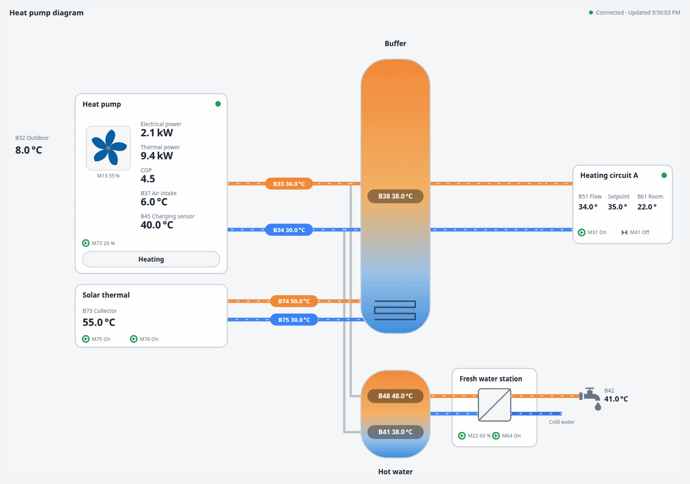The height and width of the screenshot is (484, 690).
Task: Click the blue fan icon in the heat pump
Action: tap(108, 147)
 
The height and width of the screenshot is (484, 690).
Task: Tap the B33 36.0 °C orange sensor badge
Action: tap(289, 184)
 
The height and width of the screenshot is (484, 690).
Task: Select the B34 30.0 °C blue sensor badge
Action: tap(289, 230)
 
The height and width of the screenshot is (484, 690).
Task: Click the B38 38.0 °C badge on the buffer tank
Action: tap(395, 196)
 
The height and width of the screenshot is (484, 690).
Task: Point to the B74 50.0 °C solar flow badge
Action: tap(294, 301)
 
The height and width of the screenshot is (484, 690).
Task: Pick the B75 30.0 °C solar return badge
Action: tap(294, 319)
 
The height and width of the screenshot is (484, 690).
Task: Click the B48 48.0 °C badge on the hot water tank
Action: tap(395, 396)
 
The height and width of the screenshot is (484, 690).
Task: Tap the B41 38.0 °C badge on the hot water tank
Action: tap(395, 432)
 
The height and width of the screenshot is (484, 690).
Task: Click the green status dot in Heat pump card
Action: tap(218, 104)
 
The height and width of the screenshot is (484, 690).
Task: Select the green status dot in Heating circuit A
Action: tap(664, 175)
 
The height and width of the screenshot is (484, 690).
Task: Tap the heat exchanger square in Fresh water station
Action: tap(494, 405)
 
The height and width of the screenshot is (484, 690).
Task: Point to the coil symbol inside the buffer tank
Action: tap(395, 311)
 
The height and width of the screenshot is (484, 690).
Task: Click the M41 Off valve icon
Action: tap(624, 232)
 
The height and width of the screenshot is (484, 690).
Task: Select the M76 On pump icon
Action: tap(134, 339)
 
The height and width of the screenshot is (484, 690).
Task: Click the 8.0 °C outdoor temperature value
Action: tap(29, 150)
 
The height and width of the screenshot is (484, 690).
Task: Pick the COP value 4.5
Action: tap(148, 179)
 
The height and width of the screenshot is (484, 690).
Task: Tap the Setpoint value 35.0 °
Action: tap(617, 207)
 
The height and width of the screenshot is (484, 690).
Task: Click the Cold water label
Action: tap(561, 422)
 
